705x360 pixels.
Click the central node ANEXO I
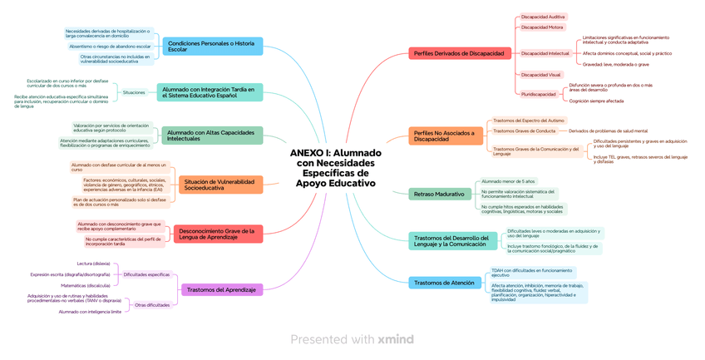pos(335,168)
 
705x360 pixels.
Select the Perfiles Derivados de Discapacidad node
pos(458,53)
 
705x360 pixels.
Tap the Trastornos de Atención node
pos(444,283)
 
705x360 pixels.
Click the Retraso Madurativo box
pos(439,194)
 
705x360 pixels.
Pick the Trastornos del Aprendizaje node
pos(221,289)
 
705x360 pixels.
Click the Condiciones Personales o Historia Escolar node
pos(211,46)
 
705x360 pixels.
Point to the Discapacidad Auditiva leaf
pos(542,17)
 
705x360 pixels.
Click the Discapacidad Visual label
pos(540,74)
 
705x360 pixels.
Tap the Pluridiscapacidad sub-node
pos(539,94)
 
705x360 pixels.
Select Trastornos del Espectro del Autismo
pos(528,121)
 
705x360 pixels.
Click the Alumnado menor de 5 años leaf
pos(508,180)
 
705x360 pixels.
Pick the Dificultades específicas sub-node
pos(146,274)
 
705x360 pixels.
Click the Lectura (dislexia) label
pos(93,264)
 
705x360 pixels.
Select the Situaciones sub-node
pos(134,92)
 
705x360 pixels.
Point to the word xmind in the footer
pos(395,339)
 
